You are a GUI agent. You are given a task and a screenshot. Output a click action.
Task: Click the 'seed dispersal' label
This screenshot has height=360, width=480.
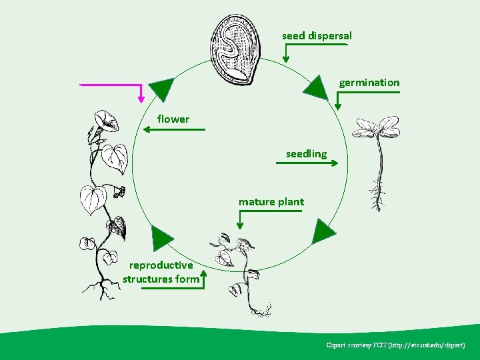317,35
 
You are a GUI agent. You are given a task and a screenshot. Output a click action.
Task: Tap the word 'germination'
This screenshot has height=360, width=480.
369,83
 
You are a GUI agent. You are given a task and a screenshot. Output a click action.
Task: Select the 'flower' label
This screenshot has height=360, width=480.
173,119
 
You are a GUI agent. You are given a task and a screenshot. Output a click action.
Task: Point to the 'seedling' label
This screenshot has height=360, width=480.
306,154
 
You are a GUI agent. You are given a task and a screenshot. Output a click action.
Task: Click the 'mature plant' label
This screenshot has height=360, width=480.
271,201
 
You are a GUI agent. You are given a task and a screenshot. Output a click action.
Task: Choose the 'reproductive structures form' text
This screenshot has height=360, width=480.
161,272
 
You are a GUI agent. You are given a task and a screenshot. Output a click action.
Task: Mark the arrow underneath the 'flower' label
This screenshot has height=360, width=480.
175,129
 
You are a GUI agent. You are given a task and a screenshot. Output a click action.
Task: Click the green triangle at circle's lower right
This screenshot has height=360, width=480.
323,231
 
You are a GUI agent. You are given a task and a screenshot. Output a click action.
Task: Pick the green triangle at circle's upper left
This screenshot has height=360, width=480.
161,89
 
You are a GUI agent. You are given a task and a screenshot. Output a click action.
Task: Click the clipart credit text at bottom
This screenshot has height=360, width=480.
395,345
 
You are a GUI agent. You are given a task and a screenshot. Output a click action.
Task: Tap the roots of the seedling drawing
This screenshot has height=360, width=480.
378,200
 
